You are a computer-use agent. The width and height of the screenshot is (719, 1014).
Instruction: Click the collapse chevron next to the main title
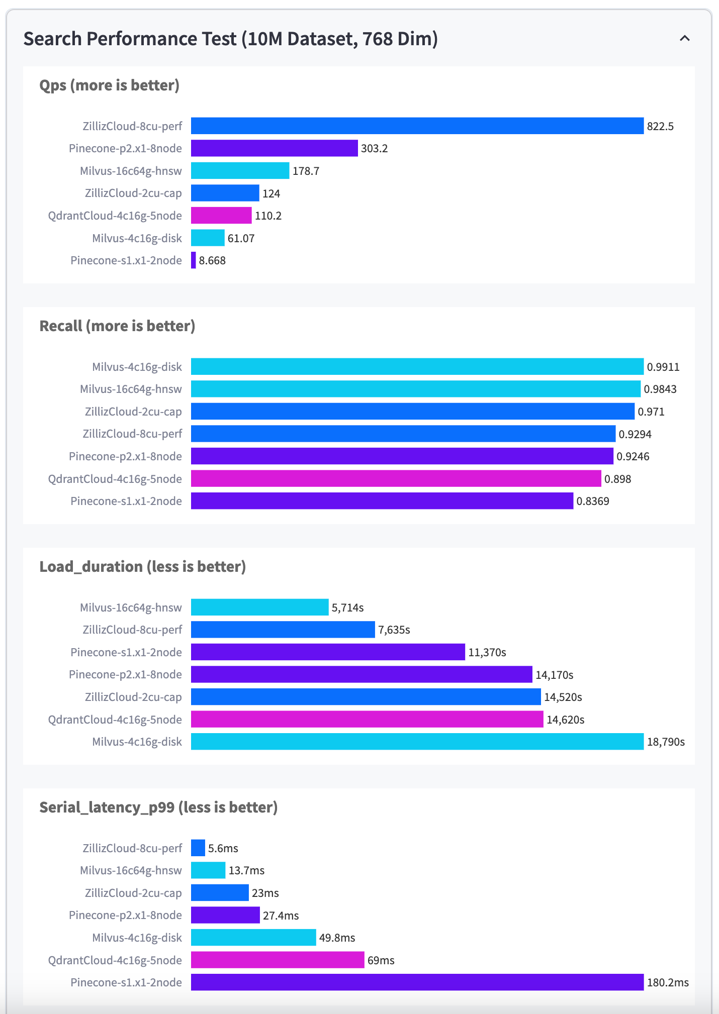pyautogui.click(x=684, y=38)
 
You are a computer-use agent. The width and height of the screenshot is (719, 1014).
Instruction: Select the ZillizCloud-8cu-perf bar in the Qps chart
pyautogui.click(x=417, y=126)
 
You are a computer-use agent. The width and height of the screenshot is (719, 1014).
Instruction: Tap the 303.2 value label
pyautogui.click(x=374, y=149)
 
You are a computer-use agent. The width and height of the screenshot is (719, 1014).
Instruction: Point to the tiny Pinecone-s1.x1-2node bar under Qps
pyautogui.click(x=194, y=260)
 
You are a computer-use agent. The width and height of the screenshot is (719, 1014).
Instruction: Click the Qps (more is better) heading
pyautogui.click(x=109, y=85)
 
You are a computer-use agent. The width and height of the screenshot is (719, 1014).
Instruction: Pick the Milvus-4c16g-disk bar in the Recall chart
pyautogui.click(x=417, y=367)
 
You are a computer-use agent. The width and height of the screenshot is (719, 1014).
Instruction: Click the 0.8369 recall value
pyautogui.click(x=592, y=501)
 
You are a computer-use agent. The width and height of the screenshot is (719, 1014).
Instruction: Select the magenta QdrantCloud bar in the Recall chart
pyautogui.click(x=396, y=479)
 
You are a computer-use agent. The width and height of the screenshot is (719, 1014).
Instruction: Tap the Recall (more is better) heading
pyautogui.click(x=117, y=326)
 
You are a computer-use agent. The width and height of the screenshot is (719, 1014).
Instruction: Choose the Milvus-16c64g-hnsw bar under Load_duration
pyautogui.click(x=259, y=607)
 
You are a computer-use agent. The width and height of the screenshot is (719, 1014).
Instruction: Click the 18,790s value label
pyautogui.click(x=665, y=742)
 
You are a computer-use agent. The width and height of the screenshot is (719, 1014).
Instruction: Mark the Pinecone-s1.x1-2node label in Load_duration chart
pyautogui.click(x=126, y=652)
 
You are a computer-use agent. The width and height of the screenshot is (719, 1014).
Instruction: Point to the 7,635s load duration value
pyautogui.click(x=394, y=630)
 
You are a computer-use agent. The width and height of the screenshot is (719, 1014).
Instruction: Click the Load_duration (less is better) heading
pyautogui.click(x=142, y=567)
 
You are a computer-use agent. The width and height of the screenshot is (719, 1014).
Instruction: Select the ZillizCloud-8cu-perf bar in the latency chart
pyautogui.click(x=198, y=848)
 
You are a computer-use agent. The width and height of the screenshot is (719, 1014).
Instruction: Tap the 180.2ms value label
pyautogui.click(x=667, y=983)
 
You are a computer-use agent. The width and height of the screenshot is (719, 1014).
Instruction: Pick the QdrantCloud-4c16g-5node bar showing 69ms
pyautogui.click(x=278, y=960)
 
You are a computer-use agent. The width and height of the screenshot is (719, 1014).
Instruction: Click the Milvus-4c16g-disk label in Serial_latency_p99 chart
pyautogui.click(x=137, y=938)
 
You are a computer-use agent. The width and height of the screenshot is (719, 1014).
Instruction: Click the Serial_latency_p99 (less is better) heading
pyautogui.click(x=158, y=807)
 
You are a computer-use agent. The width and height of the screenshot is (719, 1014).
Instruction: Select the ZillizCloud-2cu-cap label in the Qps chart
pyautogui.click(x=133, y=193)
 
